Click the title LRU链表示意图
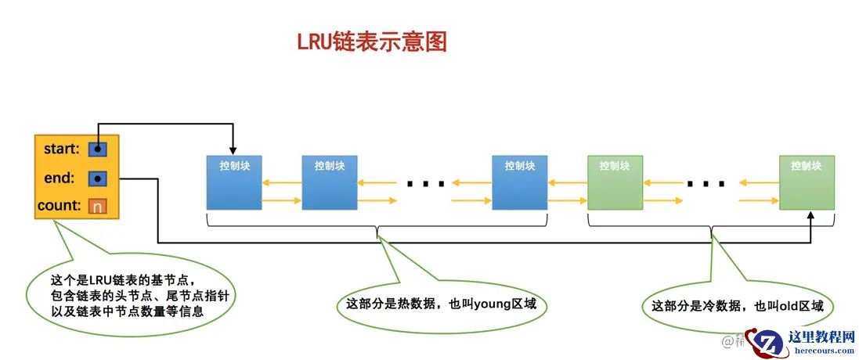pos(372,41)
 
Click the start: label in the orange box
pos(61,149)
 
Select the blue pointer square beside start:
pos(97,149)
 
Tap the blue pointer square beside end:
pos(97,178)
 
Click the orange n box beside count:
pos(97,207)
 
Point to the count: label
pos(59,207)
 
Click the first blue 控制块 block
pos(234,182)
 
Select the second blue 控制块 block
pos(330,182)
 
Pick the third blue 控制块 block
pos(520,182)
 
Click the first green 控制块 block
pos(615,182)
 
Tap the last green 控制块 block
pos(807,182)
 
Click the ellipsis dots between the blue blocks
pos(425,185)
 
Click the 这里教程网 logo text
pos(820,337)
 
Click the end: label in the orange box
pos(60,178)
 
